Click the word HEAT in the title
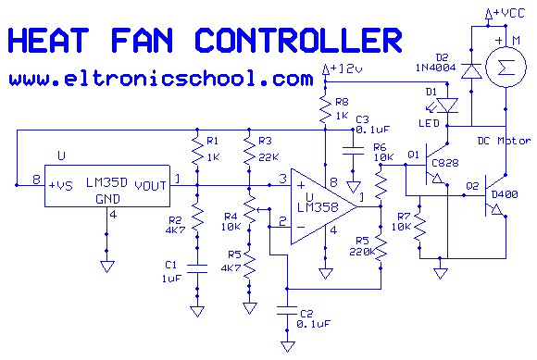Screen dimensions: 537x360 tap(48, 40)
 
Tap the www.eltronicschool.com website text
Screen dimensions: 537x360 tap(161, 79)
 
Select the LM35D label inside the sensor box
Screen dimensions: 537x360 tap(106, 182)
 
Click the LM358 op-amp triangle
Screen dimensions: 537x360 tap(323, 206)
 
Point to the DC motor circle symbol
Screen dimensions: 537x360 tap(506, 68)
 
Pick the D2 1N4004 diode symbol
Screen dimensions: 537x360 tap(471, 71)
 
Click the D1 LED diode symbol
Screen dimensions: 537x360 tap(447, 106)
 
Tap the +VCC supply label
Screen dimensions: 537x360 tap(506, 14)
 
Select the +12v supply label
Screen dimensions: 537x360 tap(343, 68)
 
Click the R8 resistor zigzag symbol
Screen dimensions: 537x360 tap(325, 109)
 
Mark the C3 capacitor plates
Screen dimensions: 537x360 tap(353, 151)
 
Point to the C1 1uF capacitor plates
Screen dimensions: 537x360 tap(197, 268)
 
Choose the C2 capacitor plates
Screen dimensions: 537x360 tap(287, 311)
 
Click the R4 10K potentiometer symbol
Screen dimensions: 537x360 tap(251, 209)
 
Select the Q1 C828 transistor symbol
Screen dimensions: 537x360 tap(434, 164)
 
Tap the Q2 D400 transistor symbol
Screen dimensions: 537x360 tap(493, 195)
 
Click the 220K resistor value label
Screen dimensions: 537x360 tap(362, 252)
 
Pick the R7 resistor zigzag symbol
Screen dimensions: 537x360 tap(419, 228)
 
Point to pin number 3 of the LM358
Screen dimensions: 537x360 tap(282, 179)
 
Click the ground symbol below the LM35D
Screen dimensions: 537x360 tap(106, 267)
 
